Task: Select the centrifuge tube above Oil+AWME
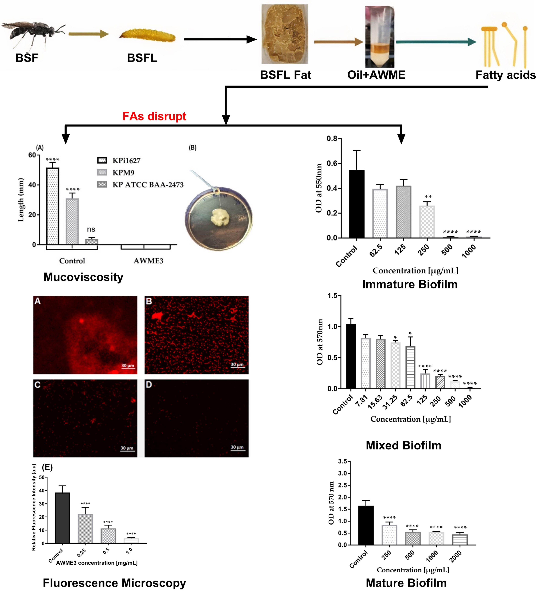point(380,37)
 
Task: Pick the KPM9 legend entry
point(123,172)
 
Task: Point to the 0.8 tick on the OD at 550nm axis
point(332,139)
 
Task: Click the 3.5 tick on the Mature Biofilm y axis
point(342,461)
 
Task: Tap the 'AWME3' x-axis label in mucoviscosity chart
point(148,261)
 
